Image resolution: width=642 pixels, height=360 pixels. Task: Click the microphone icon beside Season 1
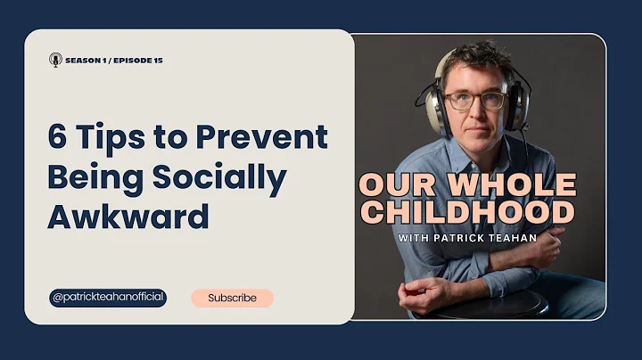(x=55, y=61)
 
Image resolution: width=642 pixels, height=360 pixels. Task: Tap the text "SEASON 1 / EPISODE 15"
(x=113, y=61)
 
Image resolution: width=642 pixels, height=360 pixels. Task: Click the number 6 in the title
(x=58, y=137)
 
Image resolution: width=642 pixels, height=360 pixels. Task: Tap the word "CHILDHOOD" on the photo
(x=467, y=212)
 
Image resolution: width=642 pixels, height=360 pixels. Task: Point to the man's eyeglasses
(x=474, y=101)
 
